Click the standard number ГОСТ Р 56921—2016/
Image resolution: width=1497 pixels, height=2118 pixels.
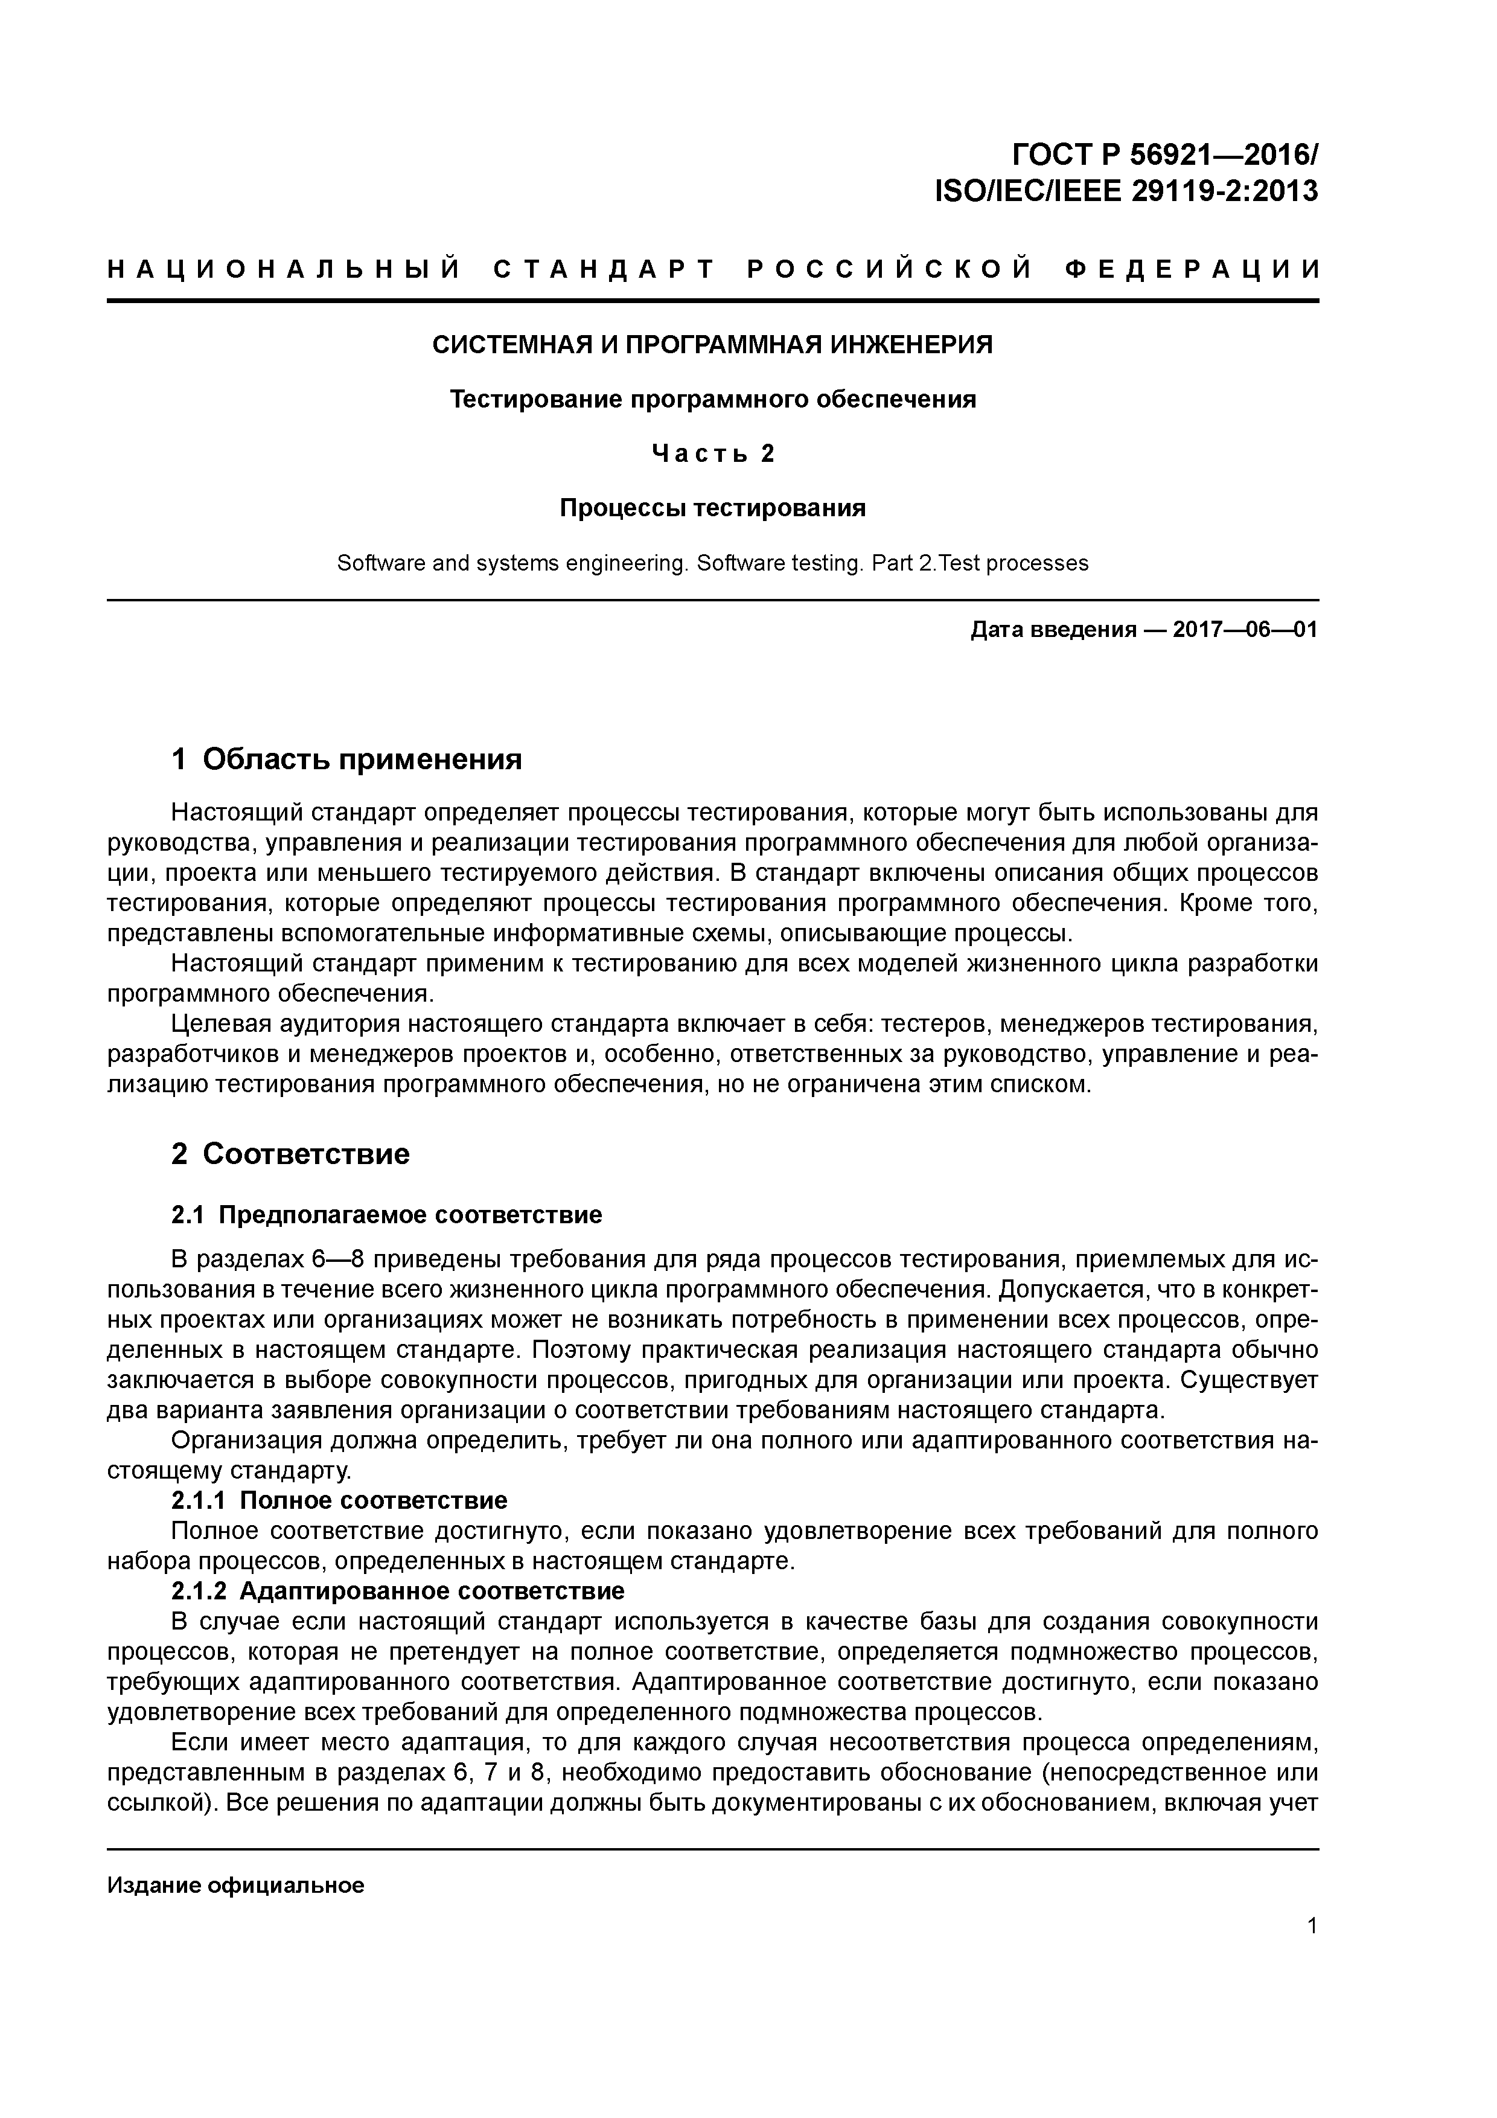1165,152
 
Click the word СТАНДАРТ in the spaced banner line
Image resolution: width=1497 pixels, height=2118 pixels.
604,269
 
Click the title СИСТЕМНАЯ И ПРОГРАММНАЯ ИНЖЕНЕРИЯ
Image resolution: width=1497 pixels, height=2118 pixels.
712,345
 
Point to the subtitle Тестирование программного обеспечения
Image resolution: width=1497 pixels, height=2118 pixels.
712,400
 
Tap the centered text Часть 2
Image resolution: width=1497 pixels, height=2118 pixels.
712,454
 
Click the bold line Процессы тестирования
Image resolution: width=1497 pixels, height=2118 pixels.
712,508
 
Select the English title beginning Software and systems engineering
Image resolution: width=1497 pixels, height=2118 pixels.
712,563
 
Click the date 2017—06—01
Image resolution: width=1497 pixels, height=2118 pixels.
1245,630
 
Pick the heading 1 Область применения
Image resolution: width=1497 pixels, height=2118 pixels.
347,759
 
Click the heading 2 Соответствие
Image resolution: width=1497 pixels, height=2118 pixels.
290,1154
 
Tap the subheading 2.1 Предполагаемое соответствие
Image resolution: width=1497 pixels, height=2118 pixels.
386,1215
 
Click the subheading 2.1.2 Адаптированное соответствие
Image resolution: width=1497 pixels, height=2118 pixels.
398,1592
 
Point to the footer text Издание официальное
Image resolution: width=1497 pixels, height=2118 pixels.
235,1860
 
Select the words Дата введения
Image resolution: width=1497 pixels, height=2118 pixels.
1052,630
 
